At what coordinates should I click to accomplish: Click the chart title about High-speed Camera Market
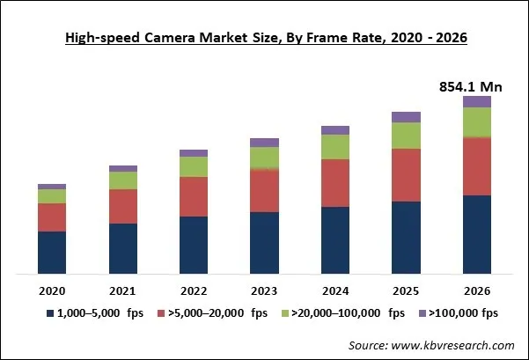click(x=264, y=38)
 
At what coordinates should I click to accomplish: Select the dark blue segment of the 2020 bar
click(x=52, y=252)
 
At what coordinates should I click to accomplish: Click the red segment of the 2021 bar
click(x=123, y=206)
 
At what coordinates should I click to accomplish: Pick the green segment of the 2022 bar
click(x=194, y=166)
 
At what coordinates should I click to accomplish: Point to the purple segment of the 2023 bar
click(x=264, y=143)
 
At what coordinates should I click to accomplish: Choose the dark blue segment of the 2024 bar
click(x=335, y=239)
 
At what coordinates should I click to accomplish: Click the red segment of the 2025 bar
click(x=406, y=174)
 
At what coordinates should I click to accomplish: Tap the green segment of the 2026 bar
click(x=477, y=122)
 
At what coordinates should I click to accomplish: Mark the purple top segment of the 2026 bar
click(x=477, y=102)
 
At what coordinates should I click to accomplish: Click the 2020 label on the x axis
click(x=52, y=290)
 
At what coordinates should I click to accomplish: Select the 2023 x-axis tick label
click(x=264, y=290)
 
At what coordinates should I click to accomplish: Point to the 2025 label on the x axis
click(x=406, y=290)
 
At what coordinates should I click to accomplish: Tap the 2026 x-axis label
click(x=477, y=290)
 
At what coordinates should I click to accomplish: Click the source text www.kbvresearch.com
click(x=430, y=346)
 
